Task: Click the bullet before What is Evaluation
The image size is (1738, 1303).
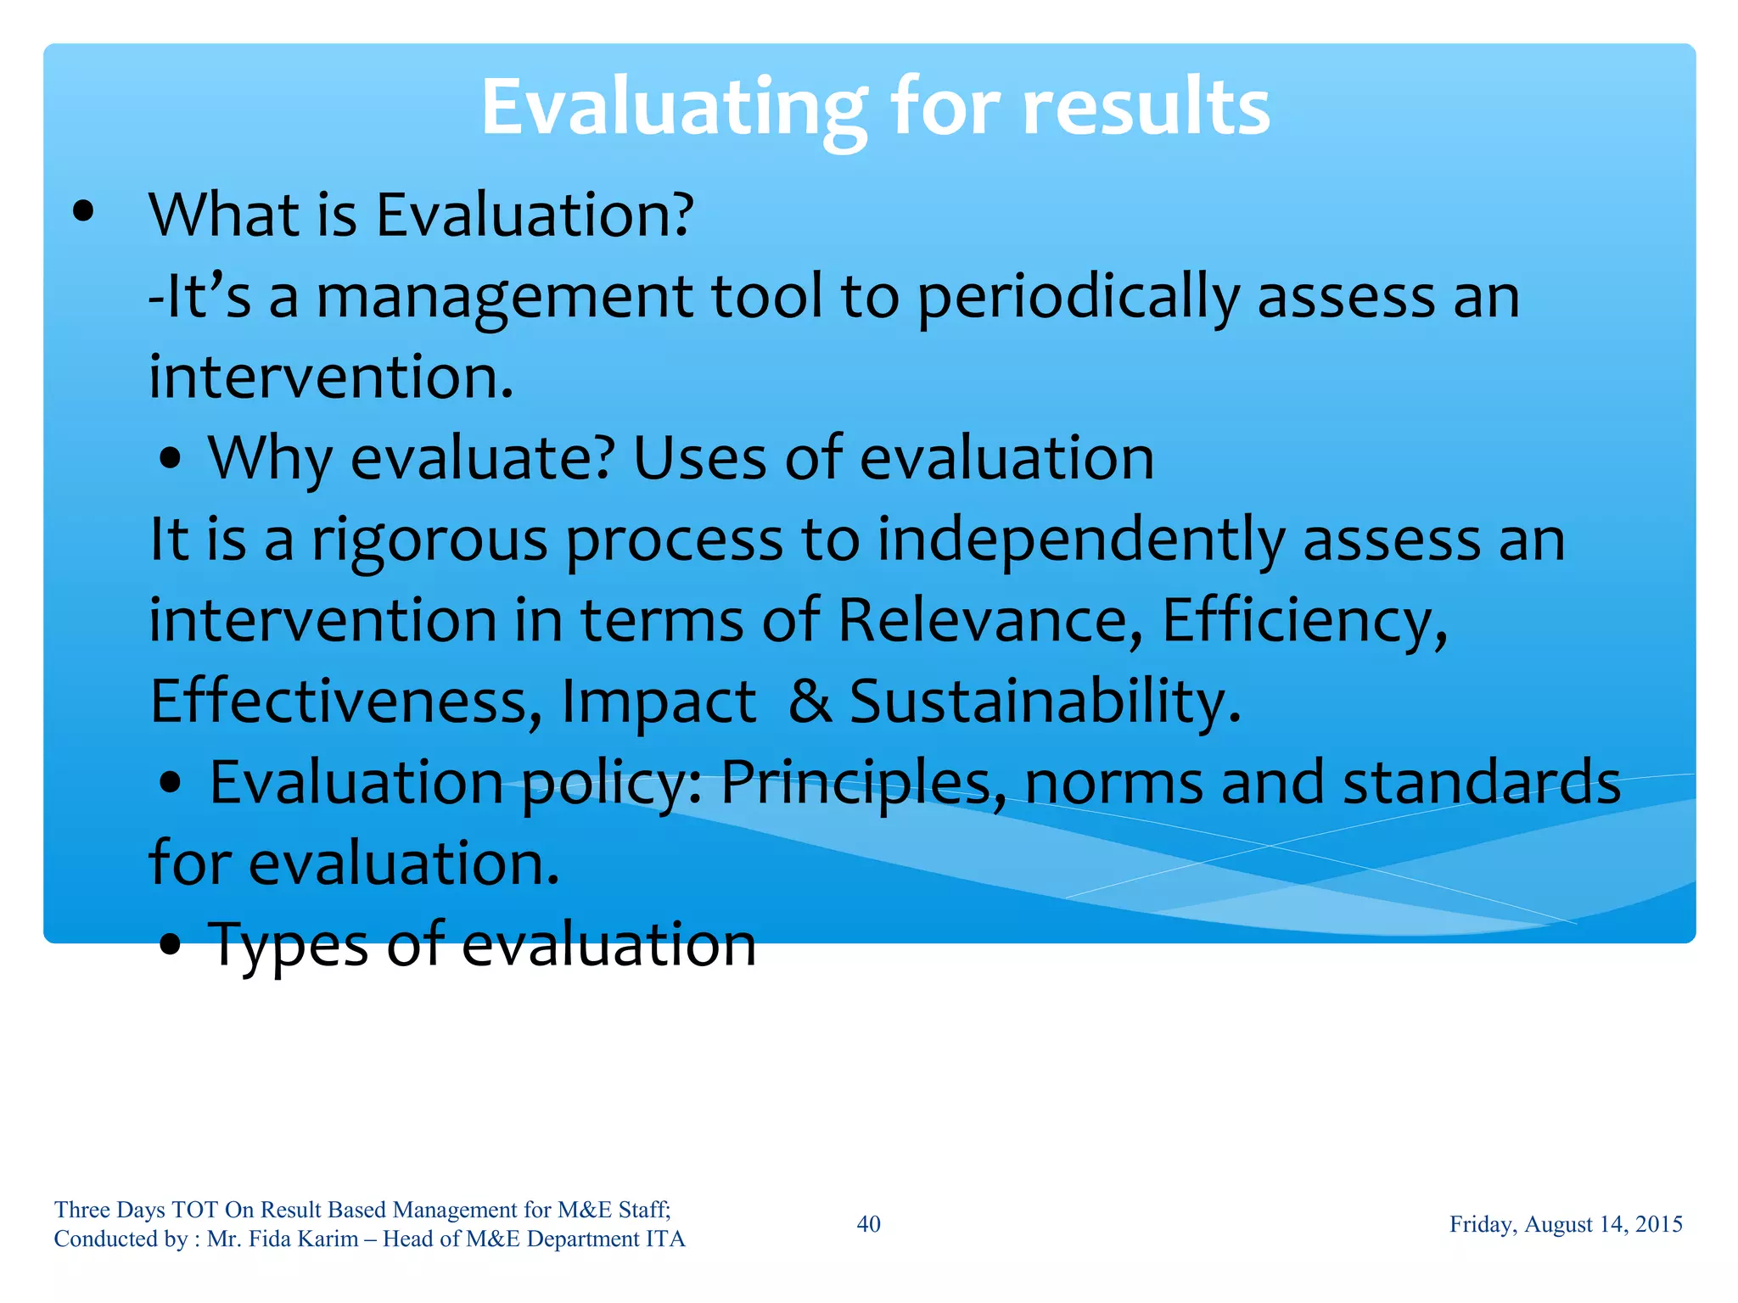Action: (x=83, y=213)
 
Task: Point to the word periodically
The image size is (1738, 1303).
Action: (x=1078, y=299)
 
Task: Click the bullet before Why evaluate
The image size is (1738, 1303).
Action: (x=171, y=460)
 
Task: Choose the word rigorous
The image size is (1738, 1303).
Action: (x=429, y=541)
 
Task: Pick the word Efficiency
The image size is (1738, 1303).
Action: (x=1303, y=620)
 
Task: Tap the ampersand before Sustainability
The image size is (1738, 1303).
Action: (x=810, y=702)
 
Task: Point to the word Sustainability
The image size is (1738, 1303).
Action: (x=1045, y=702)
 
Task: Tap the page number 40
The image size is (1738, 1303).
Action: (x=868, y=1224)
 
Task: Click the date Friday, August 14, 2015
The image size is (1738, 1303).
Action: (x=1565, y=1224)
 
